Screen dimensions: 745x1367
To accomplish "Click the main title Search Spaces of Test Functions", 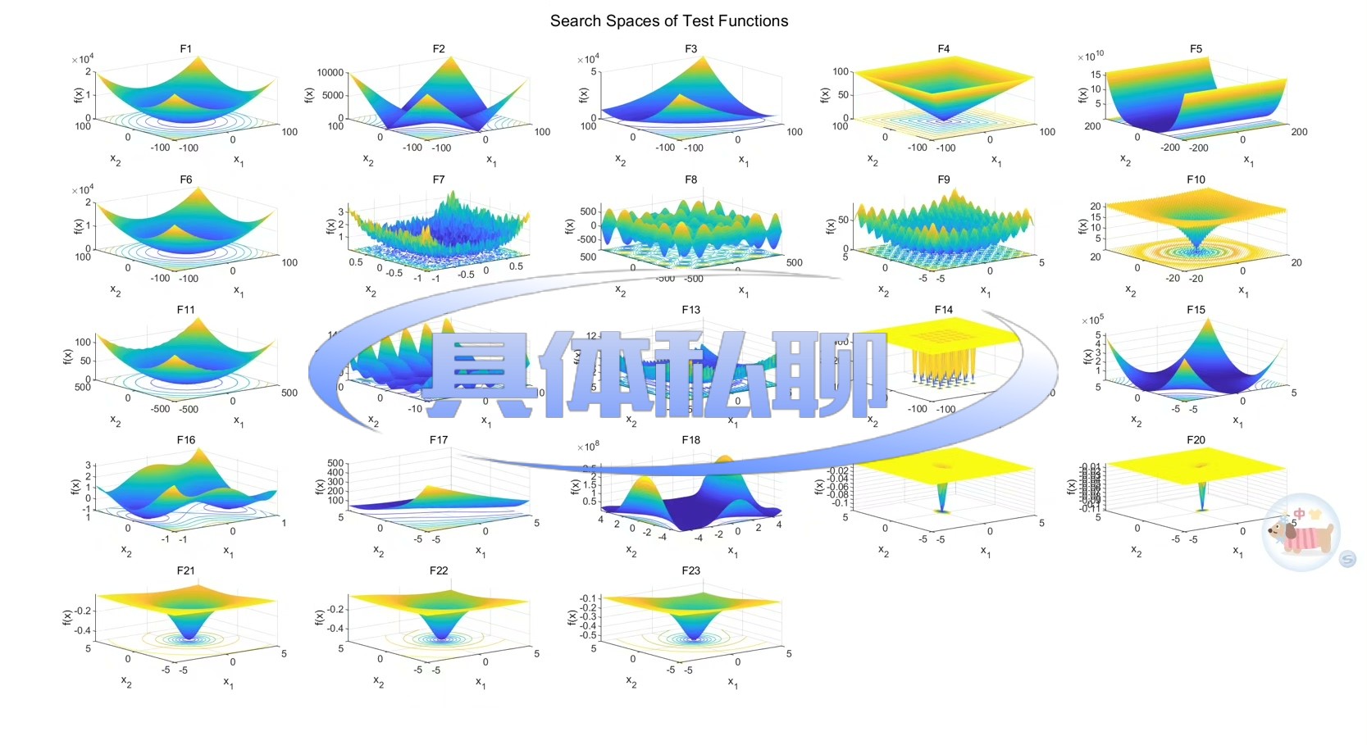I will pos(668,21).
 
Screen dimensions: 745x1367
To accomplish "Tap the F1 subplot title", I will pos(186,49).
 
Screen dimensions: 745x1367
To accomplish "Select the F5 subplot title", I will pos(1196,49).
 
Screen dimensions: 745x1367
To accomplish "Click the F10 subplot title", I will pos(1196,179).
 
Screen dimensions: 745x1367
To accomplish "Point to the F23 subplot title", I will pos(690,570).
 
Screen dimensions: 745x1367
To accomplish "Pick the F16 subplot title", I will pos(186,440).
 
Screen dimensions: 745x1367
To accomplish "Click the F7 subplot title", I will pos(439,179).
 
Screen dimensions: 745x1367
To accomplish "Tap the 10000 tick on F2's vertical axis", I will pos(330,73).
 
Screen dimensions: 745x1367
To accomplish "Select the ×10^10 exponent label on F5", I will pos(1091,57).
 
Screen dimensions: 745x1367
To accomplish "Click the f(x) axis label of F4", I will pos(825,95).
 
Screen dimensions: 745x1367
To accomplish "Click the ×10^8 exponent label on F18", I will pos(588,447).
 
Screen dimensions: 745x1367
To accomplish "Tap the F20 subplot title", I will pos(1196,440).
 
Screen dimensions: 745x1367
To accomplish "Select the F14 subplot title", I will pos(943,310).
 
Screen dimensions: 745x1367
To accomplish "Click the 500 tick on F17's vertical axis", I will pos(335,464).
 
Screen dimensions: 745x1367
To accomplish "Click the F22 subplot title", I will pos(439,570).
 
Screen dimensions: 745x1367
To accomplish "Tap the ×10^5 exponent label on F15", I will pos(1092,320).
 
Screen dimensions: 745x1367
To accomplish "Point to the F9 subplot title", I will pos(943,179).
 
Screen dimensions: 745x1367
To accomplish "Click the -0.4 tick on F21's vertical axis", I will pos(82,630).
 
